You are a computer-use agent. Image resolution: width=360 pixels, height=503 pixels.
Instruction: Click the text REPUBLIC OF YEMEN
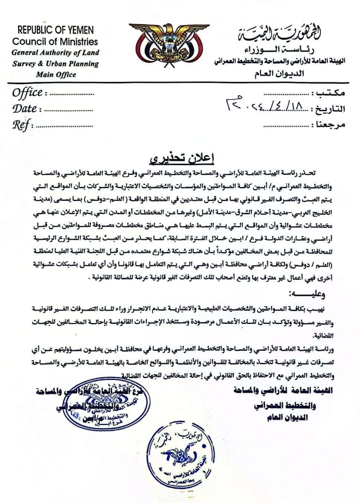pyautogui.click(x=55, y=30)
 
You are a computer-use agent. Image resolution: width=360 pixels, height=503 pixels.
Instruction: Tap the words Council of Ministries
pyautogui.click(x=55, y=42)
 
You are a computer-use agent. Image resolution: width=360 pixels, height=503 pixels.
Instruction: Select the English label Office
pyautogui.click(x=27, y=92)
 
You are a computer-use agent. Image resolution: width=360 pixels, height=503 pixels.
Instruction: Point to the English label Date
pyautogui.click(x=25, y=108)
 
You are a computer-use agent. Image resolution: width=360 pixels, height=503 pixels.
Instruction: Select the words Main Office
pyautogui.click(x=56, y=74)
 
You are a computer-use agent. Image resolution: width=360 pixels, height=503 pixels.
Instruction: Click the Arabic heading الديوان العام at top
pyautogui.click(x=278, y=73)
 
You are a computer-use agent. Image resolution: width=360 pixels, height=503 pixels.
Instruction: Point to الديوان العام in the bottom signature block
pyautogui.click(x=287, y=418)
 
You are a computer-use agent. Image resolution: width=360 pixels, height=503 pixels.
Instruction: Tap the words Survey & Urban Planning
pyautogui.click(x=55, y=63)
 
